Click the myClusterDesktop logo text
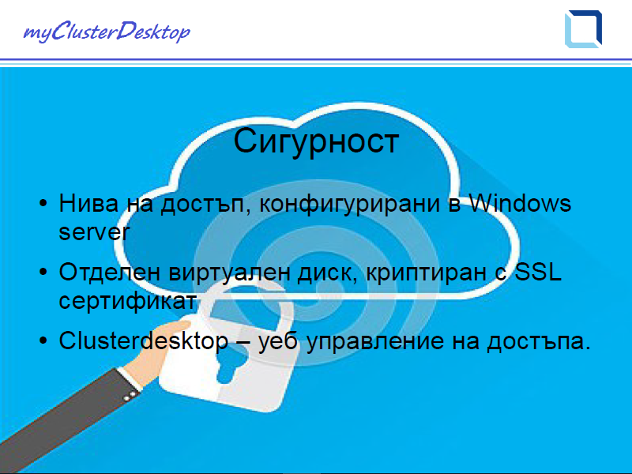pos(107,32)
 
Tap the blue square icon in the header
pos(583,29)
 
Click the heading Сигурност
pos(316,141)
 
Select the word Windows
pos(521,203)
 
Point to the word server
pos(94,232)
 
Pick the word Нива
pos(88,203)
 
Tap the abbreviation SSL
pos(539,271)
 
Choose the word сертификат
pos(128,301)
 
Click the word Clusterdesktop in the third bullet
pos(144,341)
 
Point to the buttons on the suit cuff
pos(129,397)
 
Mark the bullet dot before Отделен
pos(43,272)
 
